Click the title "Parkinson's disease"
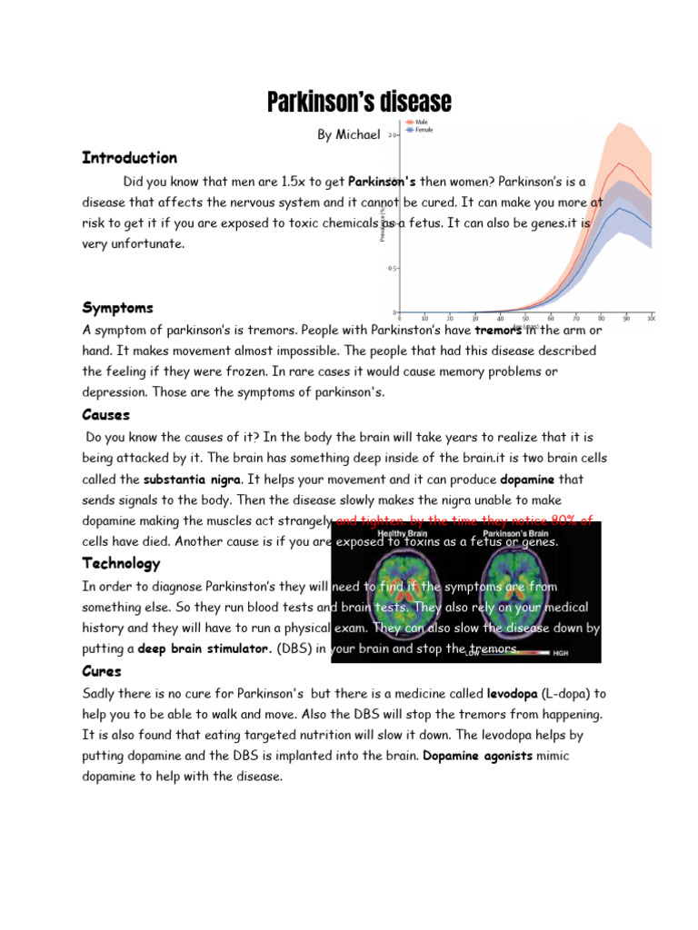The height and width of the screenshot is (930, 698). (359, 103)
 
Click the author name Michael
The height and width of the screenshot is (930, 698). (348, 134)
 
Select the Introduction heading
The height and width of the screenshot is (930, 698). (129, 158)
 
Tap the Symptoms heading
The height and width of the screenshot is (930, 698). (117, 308)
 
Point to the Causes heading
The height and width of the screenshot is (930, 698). (105, 415)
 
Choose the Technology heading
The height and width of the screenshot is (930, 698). (120, 564)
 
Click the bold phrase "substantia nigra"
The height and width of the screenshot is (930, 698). (192, 479)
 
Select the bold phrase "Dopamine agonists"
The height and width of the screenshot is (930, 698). (478, 756)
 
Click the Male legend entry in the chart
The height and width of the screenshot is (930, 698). (420, 121)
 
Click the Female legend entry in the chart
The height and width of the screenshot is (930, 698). (422, 130)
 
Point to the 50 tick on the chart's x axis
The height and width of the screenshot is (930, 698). (525, 319)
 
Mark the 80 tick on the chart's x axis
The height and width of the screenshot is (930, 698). (601, 319)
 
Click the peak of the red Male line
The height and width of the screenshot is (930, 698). (620, 163)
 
